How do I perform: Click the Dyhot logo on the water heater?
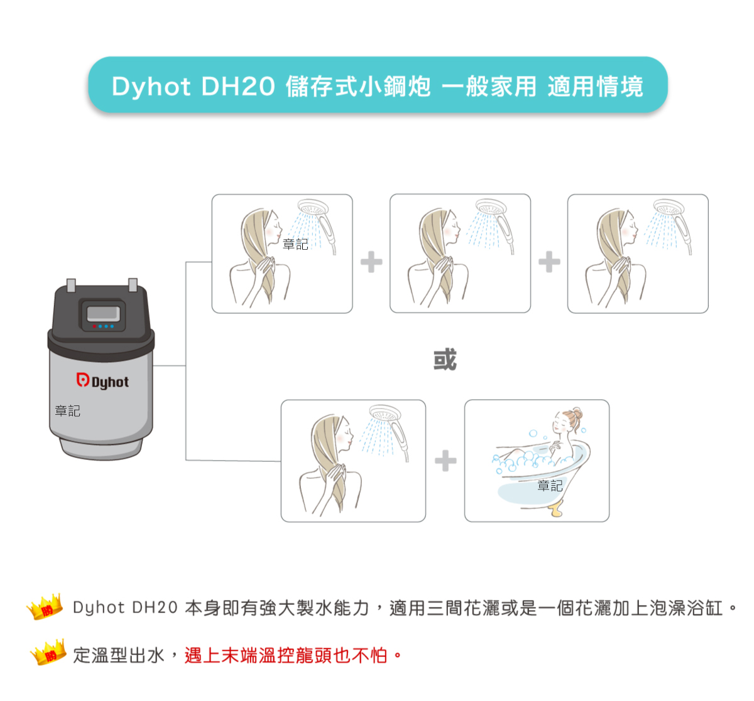[102, 381]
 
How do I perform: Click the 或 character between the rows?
[445, 360]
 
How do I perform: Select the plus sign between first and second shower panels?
[371, 262]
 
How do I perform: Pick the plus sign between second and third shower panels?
[549, 262]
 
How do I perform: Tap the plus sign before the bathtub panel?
[445, 461]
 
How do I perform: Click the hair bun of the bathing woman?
[577, 414]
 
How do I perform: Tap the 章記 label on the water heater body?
[67, 411]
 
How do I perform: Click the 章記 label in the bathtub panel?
[550, 485]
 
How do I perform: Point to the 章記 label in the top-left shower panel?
[295, 244]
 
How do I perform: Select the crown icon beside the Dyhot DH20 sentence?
[45, 606]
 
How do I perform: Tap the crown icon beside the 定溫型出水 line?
[48, 653]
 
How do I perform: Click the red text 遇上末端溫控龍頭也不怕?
[286, 656]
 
